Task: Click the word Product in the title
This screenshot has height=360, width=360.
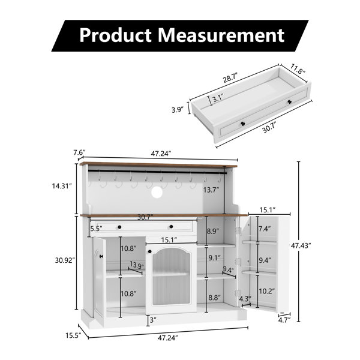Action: coord(115,35)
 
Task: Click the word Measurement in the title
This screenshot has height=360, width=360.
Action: coord(221,35)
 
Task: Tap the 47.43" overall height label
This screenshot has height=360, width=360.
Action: coord(301,245)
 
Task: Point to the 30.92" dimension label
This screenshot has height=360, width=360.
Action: coord(65,260)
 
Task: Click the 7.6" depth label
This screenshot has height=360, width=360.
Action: coord(79,152)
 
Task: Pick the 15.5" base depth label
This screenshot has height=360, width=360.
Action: coord(73,335)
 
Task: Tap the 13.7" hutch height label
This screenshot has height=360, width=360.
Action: coord(211,190)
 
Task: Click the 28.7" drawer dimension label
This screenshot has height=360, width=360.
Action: coord(230,78)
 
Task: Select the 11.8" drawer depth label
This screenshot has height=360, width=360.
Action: coord(298,69)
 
